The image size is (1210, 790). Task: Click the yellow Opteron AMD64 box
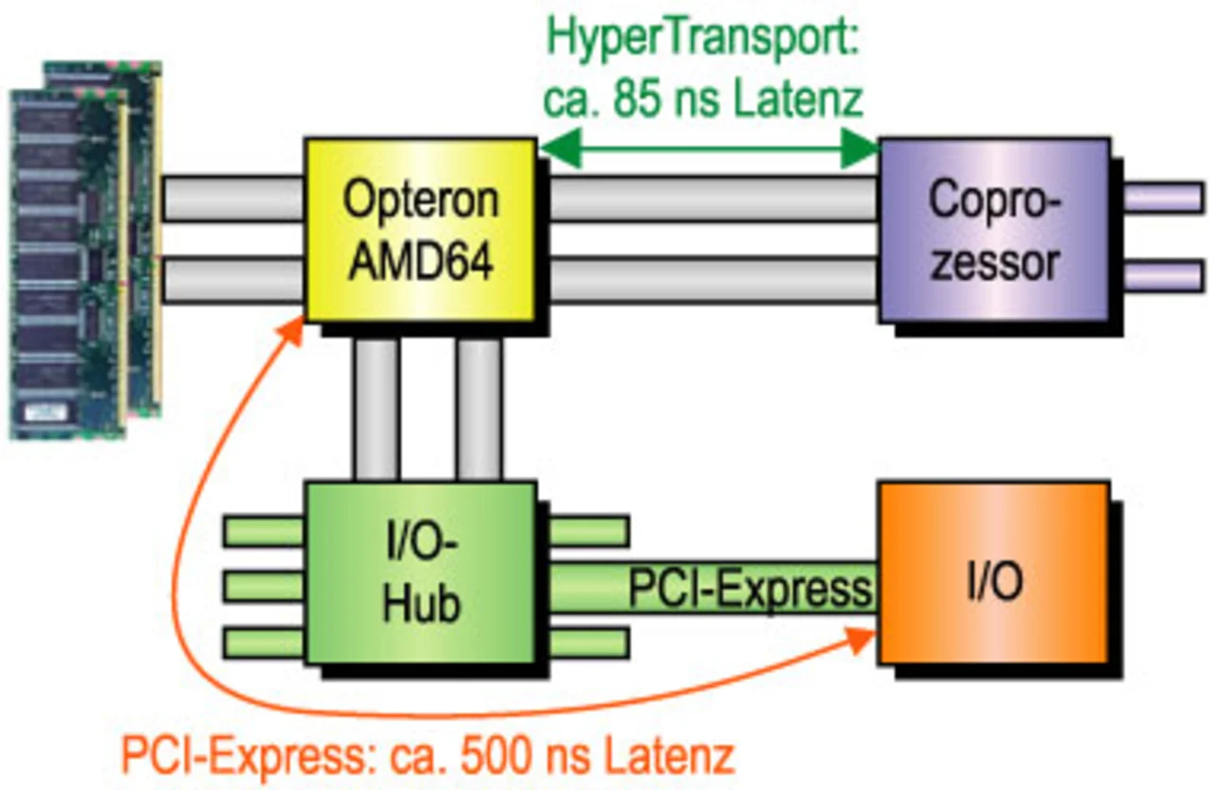[419, 230]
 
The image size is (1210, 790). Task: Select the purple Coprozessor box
[993, 230]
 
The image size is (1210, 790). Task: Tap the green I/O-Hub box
[419, 572]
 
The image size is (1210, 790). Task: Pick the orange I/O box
[993, 572]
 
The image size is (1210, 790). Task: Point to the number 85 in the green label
[646, 98]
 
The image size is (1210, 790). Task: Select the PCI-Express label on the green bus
[750, 589]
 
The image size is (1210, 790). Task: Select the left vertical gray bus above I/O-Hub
[375, 409]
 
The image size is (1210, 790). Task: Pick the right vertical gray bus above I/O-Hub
[478, 409]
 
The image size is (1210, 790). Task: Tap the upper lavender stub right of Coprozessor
[1162, 200]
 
